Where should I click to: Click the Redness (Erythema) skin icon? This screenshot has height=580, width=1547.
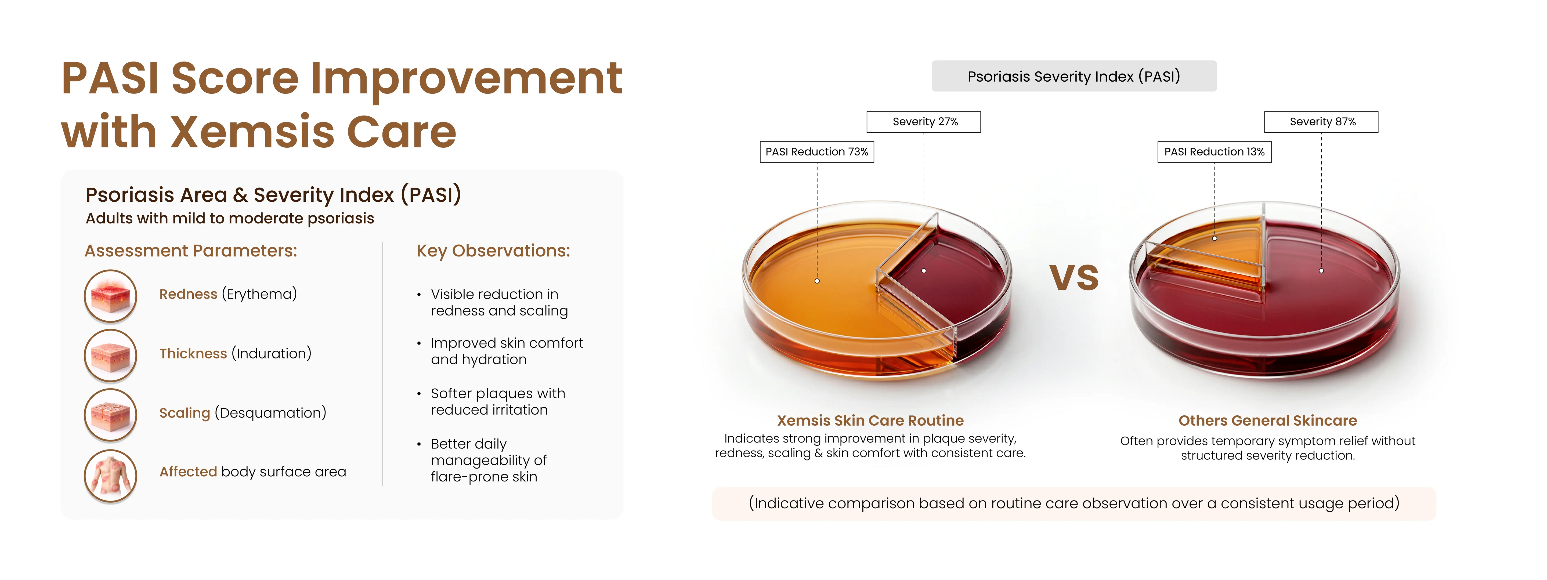(x=110, y=296)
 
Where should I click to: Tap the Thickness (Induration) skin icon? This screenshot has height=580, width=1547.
(x=110, y=356)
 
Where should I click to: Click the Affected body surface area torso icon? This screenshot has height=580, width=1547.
(x=110, y=476)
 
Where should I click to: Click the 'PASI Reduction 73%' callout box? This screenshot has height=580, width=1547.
(x=817, y=152)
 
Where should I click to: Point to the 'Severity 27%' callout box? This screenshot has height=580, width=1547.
(x=924, y=122)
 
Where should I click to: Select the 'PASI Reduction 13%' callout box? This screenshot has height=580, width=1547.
(x=1214, y=152)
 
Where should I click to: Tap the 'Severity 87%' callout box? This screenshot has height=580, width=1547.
(x=1321, y=122)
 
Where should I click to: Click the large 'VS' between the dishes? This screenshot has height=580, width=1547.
(x=1074, y=278)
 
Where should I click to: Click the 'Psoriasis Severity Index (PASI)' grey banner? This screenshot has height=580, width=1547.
(x=1074, y=76)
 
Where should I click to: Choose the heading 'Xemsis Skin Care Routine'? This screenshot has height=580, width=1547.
(x=870, y=420)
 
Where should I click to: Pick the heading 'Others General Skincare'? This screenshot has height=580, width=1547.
(x=1267, y=420)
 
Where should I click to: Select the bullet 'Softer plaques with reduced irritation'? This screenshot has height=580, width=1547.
(x=498, y=402)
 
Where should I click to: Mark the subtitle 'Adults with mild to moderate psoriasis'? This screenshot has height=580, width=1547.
(x=230, y=219)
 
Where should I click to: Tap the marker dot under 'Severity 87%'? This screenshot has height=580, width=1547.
(x=1321, y=271)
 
